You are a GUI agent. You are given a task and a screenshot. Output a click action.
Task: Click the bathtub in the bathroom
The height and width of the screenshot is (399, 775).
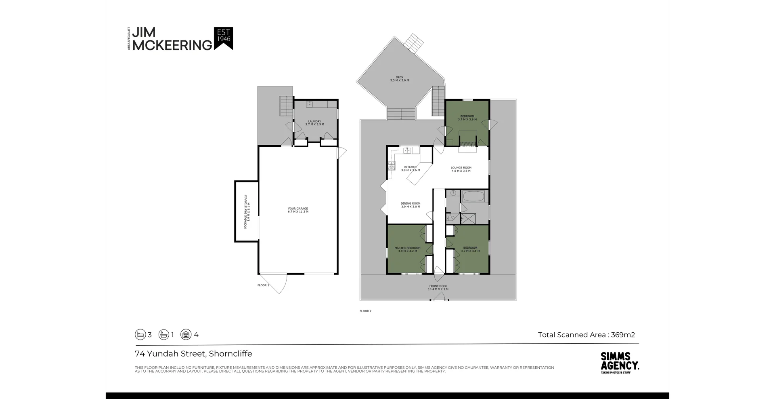point(474,197)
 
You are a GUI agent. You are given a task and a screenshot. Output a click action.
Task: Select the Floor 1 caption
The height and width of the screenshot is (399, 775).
point(263,285)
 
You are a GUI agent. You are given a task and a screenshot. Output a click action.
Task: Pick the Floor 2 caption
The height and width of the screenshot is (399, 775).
point(365,311)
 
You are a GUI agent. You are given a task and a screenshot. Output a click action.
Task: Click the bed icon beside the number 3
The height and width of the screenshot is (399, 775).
point(140,335)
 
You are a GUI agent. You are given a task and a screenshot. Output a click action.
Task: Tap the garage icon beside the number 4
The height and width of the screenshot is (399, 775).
point(186,335)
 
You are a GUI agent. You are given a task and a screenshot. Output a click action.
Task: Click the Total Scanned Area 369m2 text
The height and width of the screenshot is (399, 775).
point(586,335)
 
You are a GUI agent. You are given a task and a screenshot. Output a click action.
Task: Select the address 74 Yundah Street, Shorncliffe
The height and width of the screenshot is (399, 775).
point(193,354)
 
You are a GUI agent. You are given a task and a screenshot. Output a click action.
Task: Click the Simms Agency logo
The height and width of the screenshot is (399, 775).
point(620,362)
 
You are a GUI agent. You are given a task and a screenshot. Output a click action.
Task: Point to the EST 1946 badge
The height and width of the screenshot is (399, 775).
point(224,38)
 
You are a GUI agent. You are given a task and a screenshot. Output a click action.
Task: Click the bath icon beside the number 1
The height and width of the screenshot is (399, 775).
point(163,335)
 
